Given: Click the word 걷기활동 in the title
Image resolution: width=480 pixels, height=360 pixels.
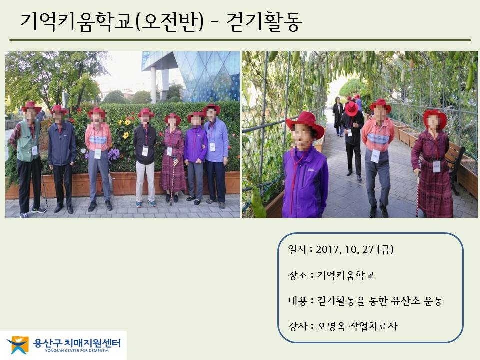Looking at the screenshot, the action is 265,21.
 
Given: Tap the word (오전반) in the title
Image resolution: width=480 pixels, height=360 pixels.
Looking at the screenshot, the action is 169,21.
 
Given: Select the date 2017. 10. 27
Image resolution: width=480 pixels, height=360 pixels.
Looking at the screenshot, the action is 345,250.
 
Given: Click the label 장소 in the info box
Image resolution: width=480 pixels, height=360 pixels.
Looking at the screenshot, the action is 297,275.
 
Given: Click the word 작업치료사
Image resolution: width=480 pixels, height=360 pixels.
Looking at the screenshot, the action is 373,326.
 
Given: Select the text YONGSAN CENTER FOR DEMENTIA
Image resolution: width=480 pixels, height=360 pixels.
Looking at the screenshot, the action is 77,351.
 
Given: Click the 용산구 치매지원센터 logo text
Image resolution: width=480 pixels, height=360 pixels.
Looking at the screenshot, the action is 77,343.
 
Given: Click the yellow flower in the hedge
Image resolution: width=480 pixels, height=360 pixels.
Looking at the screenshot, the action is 126,135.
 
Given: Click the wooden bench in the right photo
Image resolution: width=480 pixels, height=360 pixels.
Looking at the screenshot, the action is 454,165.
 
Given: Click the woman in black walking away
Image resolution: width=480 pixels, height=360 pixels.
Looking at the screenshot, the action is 338,116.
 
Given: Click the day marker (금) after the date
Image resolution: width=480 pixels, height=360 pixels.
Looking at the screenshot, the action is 385,250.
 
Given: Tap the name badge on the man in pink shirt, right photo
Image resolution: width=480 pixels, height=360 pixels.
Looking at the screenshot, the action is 375,156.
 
